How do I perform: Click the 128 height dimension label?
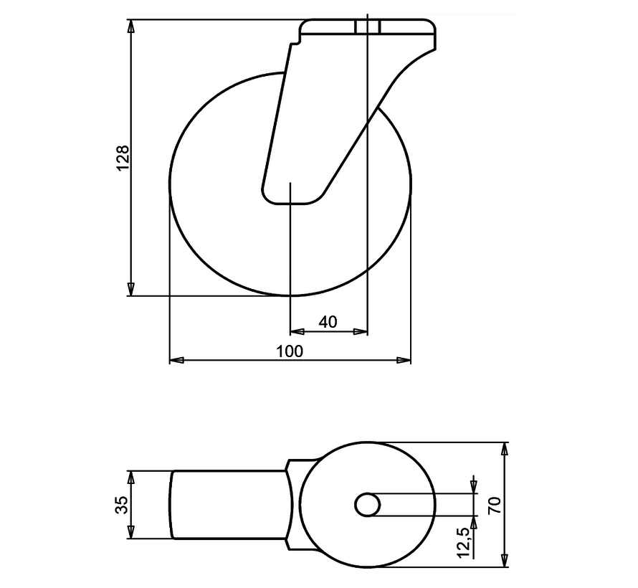123,157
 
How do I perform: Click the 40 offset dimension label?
328,322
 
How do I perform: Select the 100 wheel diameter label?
290,351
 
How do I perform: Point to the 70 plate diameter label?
494,504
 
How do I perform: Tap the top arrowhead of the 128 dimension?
130,26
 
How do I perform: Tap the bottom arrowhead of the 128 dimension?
130,290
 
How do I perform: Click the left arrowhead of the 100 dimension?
176,359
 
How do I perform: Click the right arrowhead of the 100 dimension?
405,359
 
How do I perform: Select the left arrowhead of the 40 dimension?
296,331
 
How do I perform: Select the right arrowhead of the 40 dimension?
361,331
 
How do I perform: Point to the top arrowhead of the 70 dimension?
505,449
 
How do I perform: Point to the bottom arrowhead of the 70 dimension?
505,560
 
